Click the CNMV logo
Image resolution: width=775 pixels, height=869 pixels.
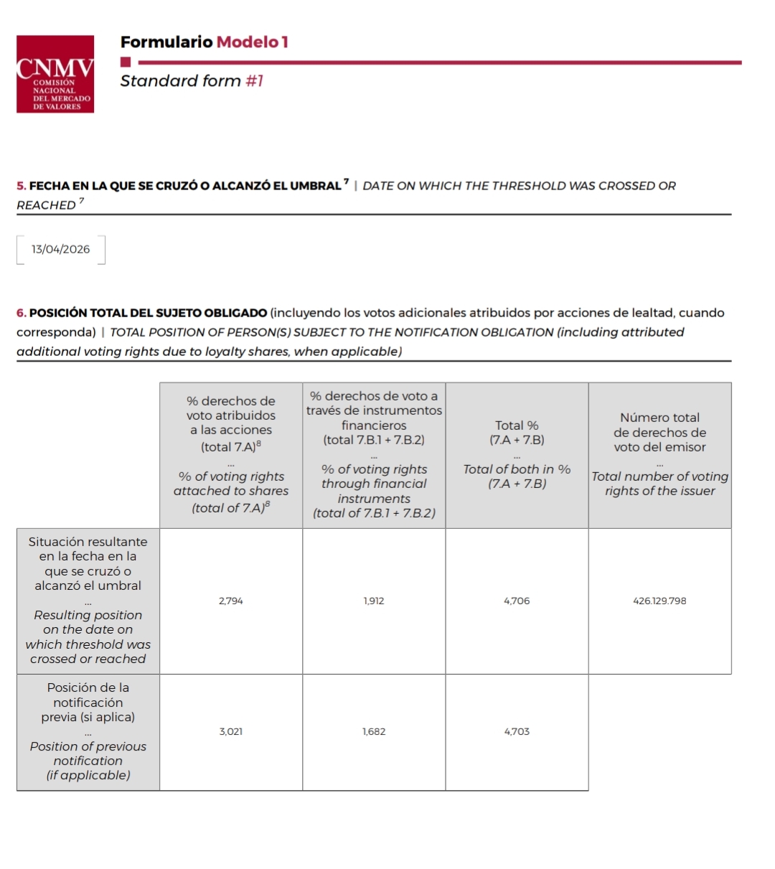tap(55, 74)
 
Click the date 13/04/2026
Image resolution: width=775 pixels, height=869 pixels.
tap(61, 250)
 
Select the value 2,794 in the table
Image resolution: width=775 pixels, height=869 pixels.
tap(231, 601)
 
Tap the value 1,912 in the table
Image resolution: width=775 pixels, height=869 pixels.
tap(374, 601)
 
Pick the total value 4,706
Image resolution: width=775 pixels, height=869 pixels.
tap(517, 601)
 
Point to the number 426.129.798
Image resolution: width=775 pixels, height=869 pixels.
tap(659, 601)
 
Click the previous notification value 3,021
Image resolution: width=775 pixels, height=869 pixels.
tap(231, 732)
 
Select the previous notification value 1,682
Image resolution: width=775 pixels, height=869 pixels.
tap(374, 732)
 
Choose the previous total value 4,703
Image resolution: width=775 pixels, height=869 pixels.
tap(517, 732)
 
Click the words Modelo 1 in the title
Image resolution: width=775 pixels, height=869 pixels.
tap(252, 42)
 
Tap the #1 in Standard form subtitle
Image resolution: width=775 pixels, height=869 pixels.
tap(255, 81)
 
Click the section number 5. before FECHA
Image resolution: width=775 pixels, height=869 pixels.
tap(22, 187)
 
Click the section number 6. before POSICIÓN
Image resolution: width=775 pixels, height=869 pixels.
tap(22, 314)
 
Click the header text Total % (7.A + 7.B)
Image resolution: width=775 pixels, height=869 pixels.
tap(517, 433)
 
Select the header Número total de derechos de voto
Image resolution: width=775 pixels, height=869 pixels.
tap(659, 432)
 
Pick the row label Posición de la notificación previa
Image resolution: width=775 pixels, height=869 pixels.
tap(88, 702)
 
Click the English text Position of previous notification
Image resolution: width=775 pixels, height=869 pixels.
tap(88, 753)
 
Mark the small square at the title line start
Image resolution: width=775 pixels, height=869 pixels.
tap(126, 62)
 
